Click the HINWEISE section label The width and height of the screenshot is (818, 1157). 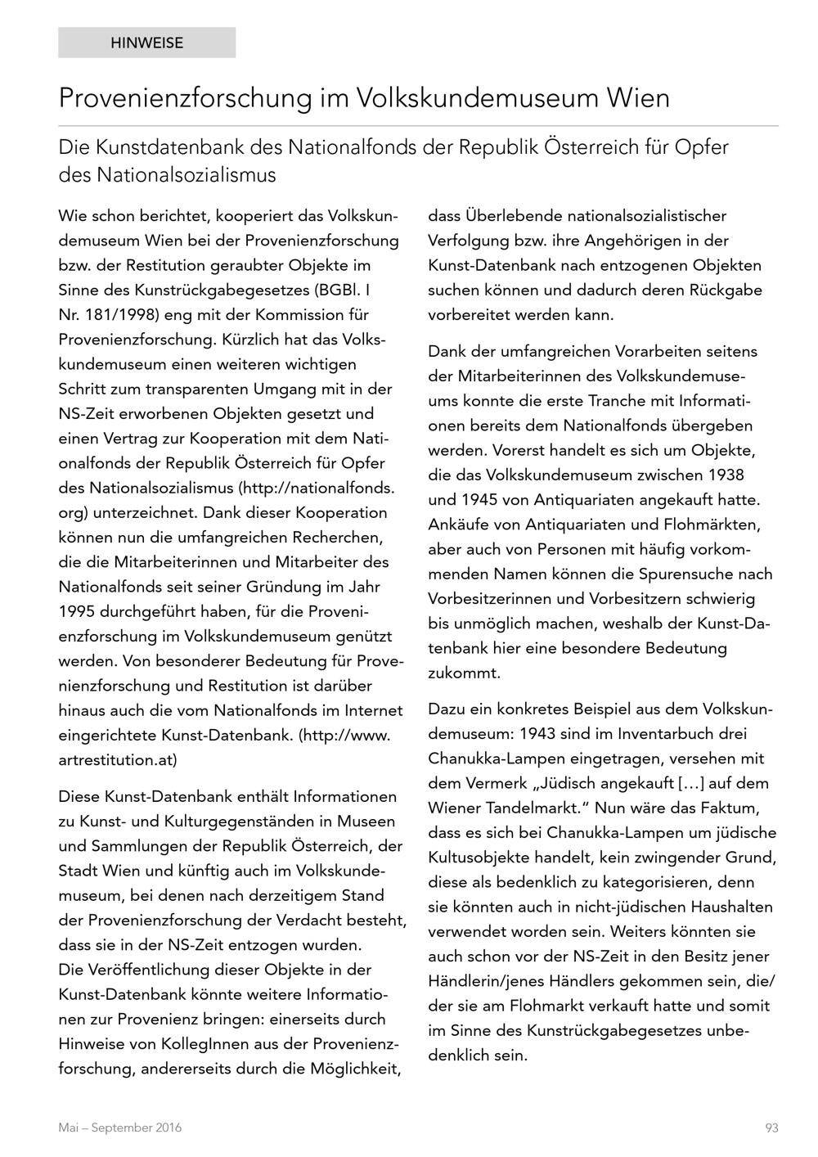coord(147,43)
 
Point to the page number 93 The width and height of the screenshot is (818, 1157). coord(771,1128)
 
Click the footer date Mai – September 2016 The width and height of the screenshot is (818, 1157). coord(120,1128)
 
